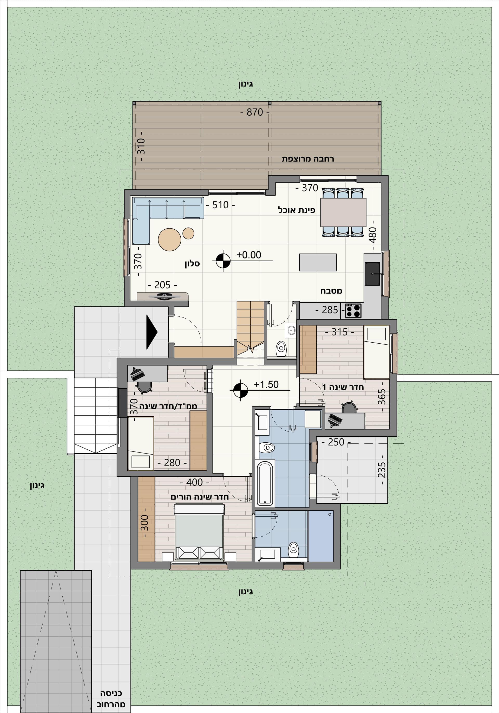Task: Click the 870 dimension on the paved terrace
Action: point(255,112)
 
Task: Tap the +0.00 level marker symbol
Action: point(223,261)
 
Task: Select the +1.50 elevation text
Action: point(266,384)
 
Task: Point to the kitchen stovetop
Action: point(353,311)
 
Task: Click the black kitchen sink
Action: point(372,274)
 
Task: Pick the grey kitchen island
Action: point(318,262)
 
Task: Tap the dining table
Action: point(343,212)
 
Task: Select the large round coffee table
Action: point(169,239)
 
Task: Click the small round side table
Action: point(188,233)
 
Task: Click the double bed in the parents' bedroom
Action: point(199,532)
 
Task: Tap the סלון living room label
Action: point(192,264)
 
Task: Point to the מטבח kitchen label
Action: point(331,291)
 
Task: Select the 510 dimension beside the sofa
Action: point(220,205)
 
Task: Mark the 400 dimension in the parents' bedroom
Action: point(194,482)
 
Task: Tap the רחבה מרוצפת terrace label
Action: point(308,159)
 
